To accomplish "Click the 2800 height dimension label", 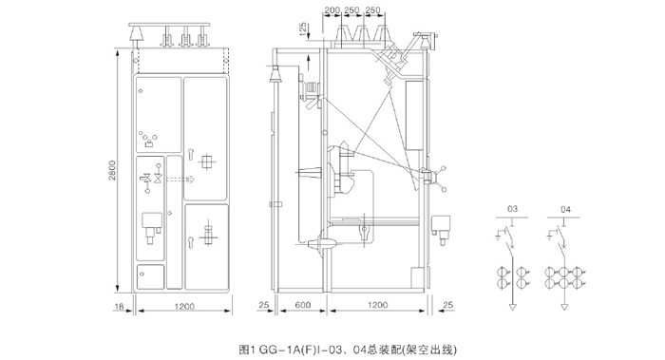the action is [x=112, y=170].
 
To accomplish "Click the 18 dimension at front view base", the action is [x=119, y=306].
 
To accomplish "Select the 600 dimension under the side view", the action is [x=303, y=305].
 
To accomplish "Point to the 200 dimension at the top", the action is [x=332, y=10].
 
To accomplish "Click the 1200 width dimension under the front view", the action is [x=184, y=306].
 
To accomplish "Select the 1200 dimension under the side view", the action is [x=377, y=305].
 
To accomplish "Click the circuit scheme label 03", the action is [x=512, y=209].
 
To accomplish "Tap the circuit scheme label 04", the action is [x=565, y=209].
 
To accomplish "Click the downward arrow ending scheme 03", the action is [x=513, y=307].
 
